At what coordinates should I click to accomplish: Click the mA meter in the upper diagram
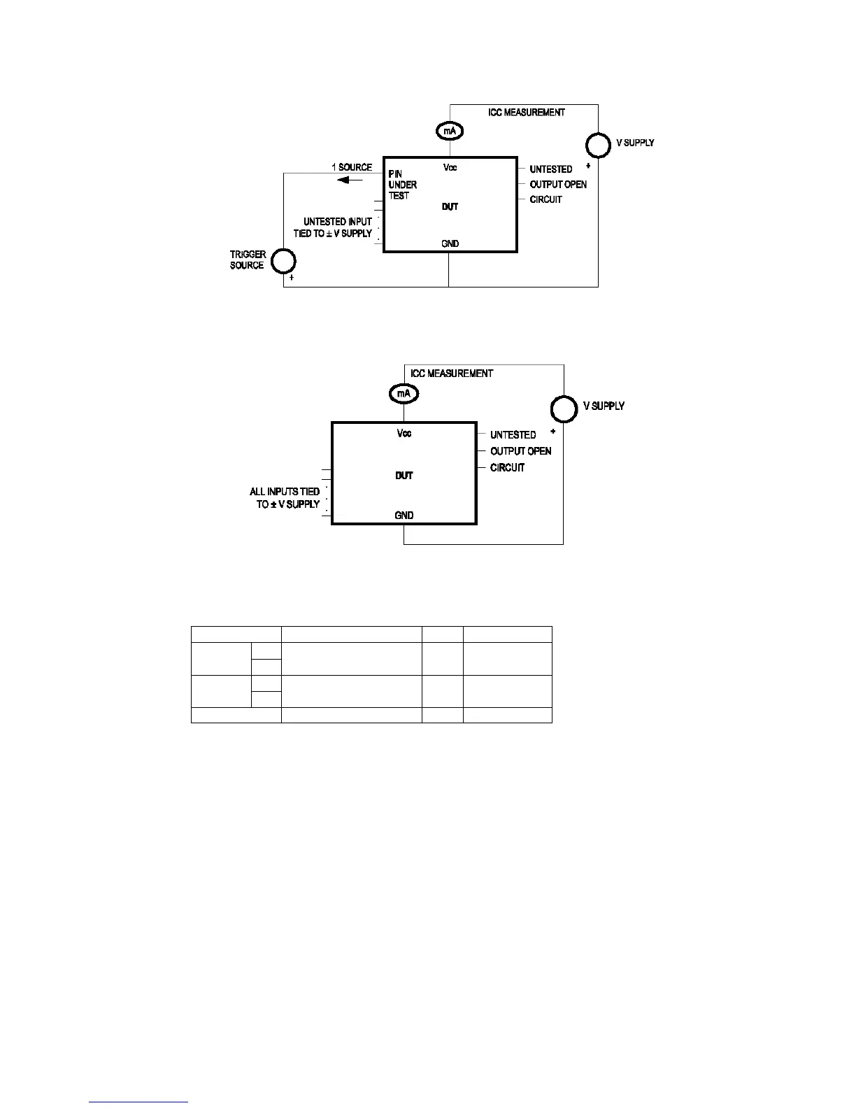point(450,131)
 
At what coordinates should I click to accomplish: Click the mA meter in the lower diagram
point(404,394)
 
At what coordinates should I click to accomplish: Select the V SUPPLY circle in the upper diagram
point(598,145)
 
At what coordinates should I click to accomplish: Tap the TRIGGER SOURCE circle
point(283,262)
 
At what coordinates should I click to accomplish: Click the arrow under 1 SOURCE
point(350,180)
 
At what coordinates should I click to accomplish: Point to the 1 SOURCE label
point(352,168)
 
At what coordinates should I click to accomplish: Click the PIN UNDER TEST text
point(402,185)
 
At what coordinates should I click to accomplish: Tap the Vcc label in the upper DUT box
point(450,168)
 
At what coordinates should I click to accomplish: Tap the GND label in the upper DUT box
point(450,243)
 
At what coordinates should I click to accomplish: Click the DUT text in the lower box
point(404,476)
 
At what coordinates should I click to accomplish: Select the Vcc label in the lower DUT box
point(404,434)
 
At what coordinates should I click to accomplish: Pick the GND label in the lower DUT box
point(404,516)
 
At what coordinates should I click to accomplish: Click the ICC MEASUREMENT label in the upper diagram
point(526,112)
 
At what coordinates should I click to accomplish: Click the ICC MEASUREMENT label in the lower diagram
point(451,374)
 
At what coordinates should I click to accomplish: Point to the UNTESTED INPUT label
point(338,222)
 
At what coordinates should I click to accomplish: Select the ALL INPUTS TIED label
point(285,492)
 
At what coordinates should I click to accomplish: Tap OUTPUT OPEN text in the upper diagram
point(558,185)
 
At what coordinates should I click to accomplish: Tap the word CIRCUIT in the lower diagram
point(507,467)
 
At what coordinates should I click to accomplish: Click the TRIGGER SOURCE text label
point(248,260)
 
